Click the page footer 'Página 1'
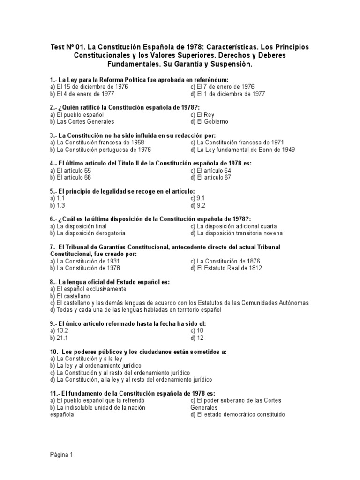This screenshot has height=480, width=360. (61, 455)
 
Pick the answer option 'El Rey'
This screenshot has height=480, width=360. (202, 114)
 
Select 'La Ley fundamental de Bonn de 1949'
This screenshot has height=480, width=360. (243, 150)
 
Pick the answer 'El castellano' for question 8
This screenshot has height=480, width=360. (70, 296)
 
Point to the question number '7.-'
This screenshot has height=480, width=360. (53, 247)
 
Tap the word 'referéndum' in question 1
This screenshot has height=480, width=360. (210, 80)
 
